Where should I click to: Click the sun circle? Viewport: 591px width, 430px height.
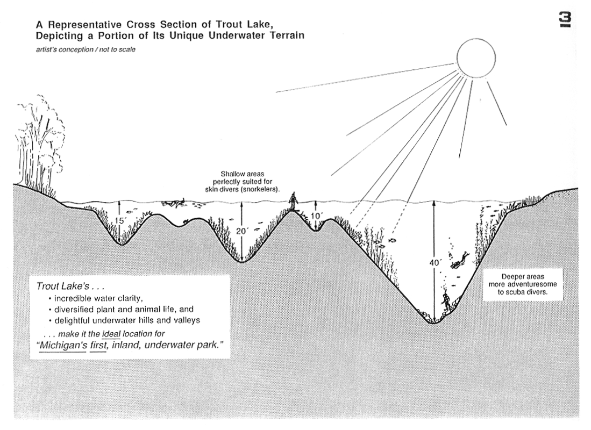tap(476, 56)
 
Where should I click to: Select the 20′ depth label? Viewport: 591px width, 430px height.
tap(243, 231)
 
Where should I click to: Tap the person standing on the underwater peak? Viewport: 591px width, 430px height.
tap(293, 202)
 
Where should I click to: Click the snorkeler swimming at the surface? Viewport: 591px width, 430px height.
tap(175, 203)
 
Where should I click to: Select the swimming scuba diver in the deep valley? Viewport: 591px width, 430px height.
tap(459, 260)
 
